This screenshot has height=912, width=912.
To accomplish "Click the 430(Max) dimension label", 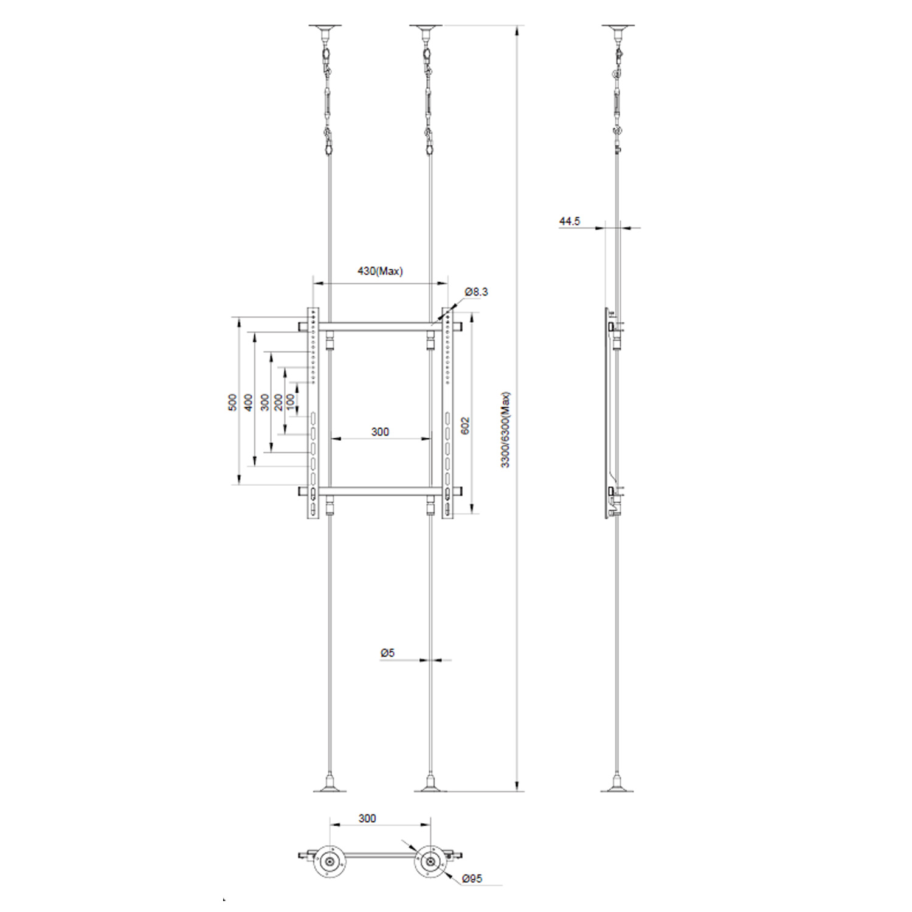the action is point(380,271).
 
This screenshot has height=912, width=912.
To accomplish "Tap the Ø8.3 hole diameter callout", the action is point(476,292).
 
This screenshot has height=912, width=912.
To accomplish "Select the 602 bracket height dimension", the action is point(466,425).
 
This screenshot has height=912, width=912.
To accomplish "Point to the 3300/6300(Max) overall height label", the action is point(505,429).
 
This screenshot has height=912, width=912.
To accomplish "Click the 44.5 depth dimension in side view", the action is point(570,221).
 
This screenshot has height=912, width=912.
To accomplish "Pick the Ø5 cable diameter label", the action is point(387,652).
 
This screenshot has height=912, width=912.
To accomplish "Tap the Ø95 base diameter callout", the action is point(472,878).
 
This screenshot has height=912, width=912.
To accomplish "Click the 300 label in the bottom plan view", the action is point(367,818).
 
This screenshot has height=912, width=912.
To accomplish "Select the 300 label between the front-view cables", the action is point(380,432).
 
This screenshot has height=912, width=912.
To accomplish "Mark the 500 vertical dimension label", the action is point(233,402).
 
